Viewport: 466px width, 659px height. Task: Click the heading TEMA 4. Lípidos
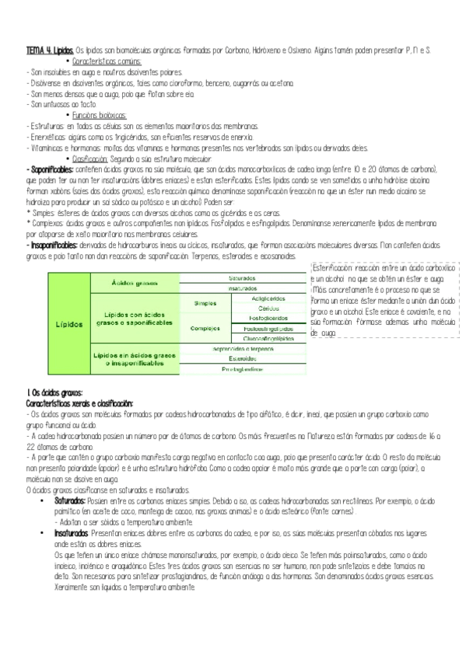(50, 50)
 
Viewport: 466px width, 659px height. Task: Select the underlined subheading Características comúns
(112, 61)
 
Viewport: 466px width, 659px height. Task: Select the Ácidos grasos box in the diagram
(136, 283)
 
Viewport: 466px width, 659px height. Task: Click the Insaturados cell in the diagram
(244, 288)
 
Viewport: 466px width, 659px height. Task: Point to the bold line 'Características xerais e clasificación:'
(79, 403)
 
